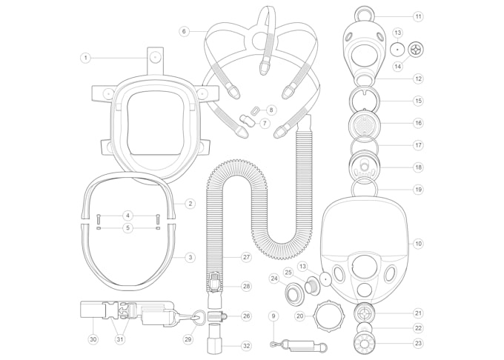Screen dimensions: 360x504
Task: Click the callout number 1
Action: [85, 57]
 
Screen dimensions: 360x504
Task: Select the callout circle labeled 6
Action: [184, 31]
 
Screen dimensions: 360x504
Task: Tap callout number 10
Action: [418, 243]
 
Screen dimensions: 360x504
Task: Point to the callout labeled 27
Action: [246, 257]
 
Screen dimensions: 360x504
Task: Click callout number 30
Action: [93, 339]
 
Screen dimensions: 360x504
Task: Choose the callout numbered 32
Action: [246, 345]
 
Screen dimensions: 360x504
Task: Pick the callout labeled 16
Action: [418, 123]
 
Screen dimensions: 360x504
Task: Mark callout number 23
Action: [418, 344]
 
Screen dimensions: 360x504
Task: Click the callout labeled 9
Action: [273, 316]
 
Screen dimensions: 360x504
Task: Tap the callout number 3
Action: [190, 257]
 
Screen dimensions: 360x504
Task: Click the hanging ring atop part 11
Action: [364, 13]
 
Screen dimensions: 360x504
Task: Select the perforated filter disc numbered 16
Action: [364, 122]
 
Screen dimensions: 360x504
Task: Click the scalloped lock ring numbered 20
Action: [328, 316]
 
